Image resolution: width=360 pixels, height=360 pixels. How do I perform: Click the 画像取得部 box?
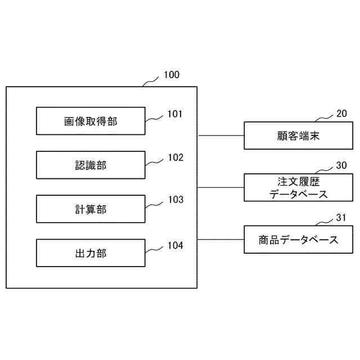coord(90,121)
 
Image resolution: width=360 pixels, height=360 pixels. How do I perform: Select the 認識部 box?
coord(90,165)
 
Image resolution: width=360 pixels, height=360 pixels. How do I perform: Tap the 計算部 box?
coord(90,209)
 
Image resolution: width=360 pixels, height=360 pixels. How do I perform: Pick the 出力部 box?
coord(90,253)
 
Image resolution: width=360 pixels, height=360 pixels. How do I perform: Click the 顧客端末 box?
coord(298,136)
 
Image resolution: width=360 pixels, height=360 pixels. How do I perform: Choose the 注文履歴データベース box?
coord(298,188)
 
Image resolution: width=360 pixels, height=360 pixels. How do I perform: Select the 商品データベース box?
coord(298,240)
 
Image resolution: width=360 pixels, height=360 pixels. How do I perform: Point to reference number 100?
coord(172,75)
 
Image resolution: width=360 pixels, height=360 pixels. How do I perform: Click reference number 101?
coord(175,114)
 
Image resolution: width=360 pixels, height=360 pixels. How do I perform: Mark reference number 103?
coord(175,200)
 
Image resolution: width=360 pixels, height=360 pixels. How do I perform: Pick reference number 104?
coord(175,245)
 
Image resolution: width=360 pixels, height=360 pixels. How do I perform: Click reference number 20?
coord(341,114)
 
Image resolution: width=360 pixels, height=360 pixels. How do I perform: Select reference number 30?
coord(341,166)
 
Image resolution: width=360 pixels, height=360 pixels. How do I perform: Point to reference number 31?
coord(341,218)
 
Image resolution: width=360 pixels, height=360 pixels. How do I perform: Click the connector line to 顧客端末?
coord(220,136)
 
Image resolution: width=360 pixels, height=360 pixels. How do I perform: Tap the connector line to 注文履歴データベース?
coord(220,188)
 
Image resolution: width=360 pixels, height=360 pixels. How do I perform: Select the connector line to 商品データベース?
coord(220,240)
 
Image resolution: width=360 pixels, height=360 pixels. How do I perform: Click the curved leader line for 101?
coord(155,118)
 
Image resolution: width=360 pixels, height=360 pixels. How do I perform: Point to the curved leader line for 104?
coord(155,249)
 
